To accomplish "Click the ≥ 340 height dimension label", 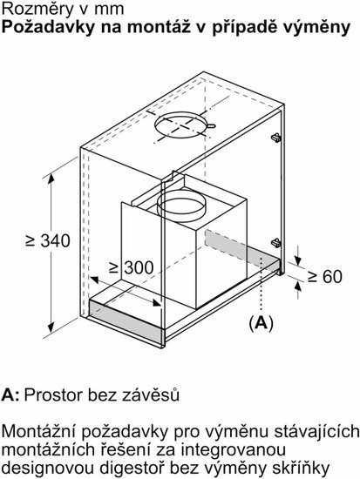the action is click(48, 240).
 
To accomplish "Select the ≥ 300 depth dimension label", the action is click(132, 268).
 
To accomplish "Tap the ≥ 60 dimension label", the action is click(325, 277).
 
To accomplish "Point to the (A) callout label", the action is click(261, 323).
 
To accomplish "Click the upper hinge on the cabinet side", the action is click(276, 138).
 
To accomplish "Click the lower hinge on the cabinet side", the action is click(276, 243).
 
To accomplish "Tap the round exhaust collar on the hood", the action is click(180, 204).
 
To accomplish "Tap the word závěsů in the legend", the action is click(151, 395).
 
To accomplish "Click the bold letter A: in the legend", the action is click(10, 395).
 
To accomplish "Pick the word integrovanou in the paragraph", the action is click(228, 449).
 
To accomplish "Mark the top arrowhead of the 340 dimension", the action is click(51, 179).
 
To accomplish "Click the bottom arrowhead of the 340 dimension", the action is click(51, 327).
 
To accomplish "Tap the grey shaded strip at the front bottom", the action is click(125, 320).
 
